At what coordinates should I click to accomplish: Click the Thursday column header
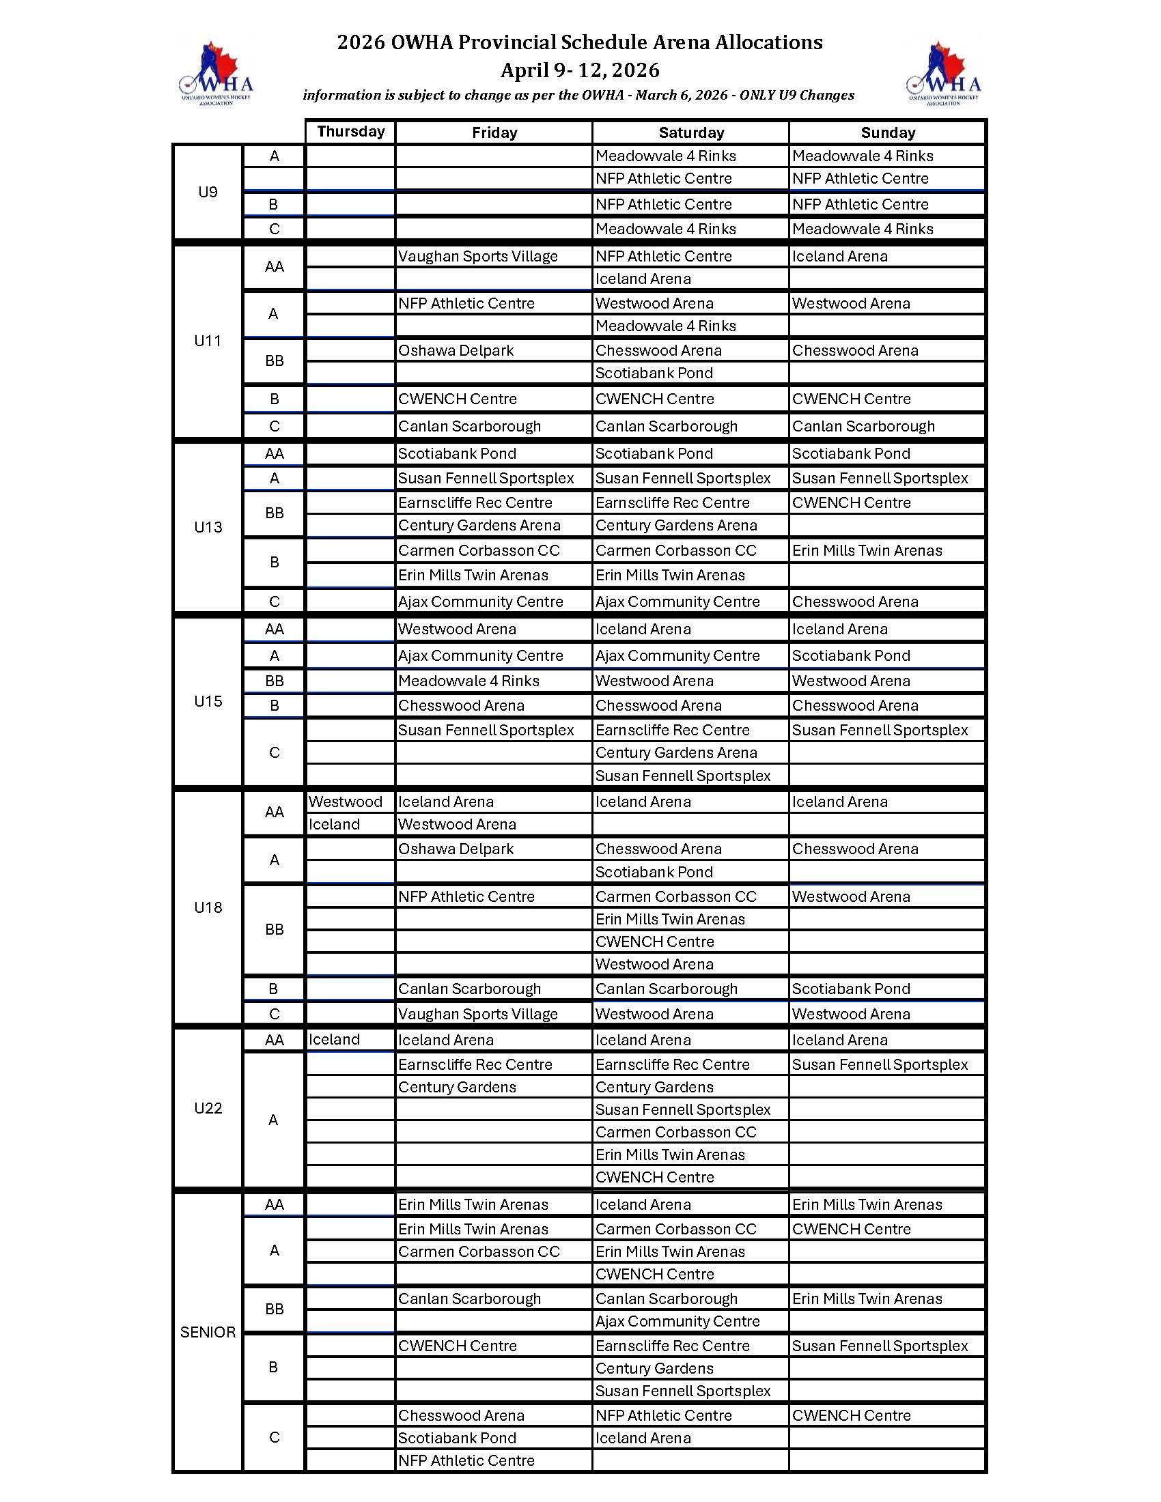tap(351, 131)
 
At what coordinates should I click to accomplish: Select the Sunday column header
tap(887, 132)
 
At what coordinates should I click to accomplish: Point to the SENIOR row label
tap(208, 1332)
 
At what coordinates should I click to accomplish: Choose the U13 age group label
tap(208, 527)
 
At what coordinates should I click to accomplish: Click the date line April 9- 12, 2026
tap(580, 70)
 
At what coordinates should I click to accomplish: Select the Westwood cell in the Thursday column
tap(346, 802)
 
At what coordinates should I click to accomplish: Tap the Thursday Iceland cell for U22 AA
tap(334, 1039)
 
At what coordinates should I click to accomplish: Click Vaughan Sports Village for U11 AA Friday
tap(478, 257)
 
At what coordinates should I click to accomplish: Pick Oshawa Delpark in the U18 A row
tap(456, 849)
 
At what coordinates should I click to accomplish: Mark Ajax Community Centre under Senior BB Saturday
tap(677, 1321)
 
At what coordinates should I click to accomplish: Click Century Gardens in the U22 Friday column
tap(458, 1087)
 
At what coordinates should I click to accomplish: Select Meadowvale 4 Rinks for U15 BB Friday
tap(469, 681)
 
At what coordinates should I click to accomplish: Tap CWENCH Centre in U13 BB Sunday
tap(852, 502)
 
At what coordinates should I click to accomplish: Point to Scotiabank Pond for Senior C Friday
tap(458, 1438)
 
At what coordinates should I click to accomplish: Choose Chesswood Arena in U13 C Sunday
tap(855, 601)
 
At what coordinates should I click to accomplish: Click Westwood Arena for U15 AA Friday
tap(458, 629)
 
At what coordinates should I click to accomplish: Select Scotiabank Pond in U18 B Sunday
tap(852, 989)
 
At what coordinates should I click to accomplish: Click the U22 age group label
tap(208, 1108)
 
